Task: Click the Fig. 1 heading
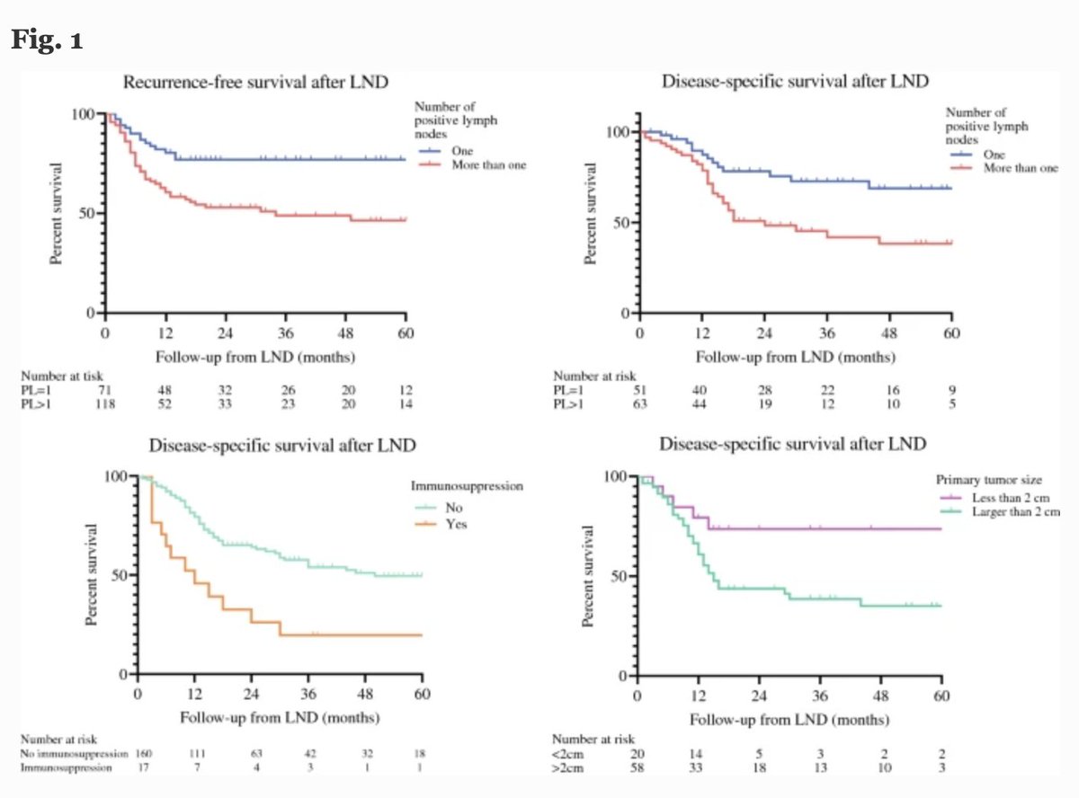47,42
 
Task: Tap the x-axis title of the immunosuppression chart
280,718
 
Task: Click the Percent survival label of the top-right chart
591,213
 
